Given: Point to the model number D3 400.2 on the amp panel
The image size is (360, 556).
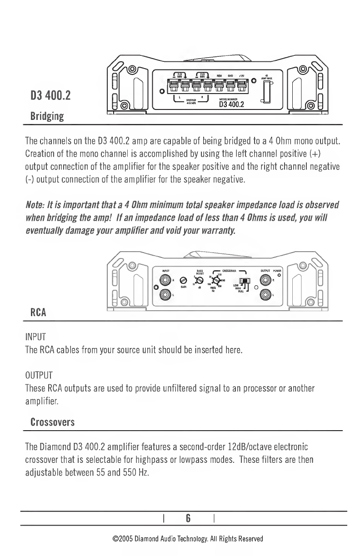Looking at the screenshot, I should [x=232, y=105].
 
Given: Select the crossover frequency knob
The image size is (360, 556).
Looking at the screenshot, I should [x=216, y=280].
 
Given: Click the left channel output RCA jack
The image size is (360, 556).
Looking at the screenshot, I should [x=266, y=296].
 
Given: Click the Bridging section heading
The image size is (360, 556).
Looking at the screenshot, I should [x=47, y=116].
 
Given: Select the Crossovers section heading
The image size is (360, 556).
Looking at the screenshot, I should [x=52, y=422].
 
